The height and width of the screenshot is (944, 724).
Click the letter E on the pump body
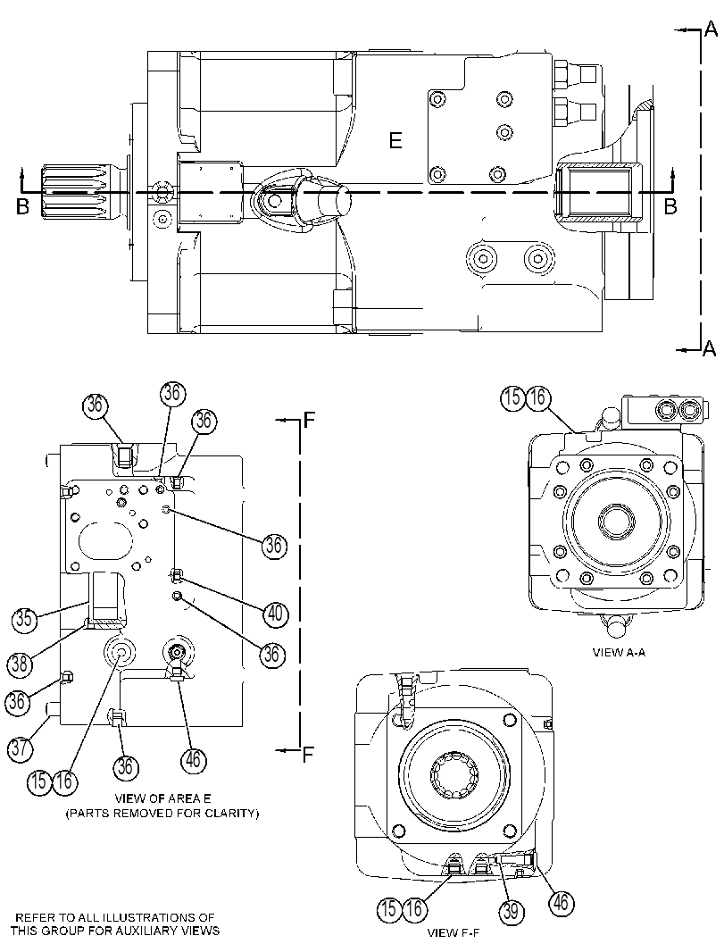395,141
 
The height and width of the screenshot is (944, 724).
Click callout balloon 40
275,614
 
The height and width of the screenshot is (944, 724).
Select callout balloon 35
24,619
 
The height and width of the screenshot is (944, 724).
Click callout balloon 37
21,748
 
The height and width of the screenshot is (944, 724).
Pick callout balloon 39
511,910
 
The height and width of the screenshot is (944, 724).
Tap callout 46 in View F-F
561,902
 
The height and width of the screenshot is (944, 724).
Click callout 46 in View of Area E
193,759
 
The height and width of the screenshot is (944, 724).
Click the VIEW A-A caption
619,652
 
